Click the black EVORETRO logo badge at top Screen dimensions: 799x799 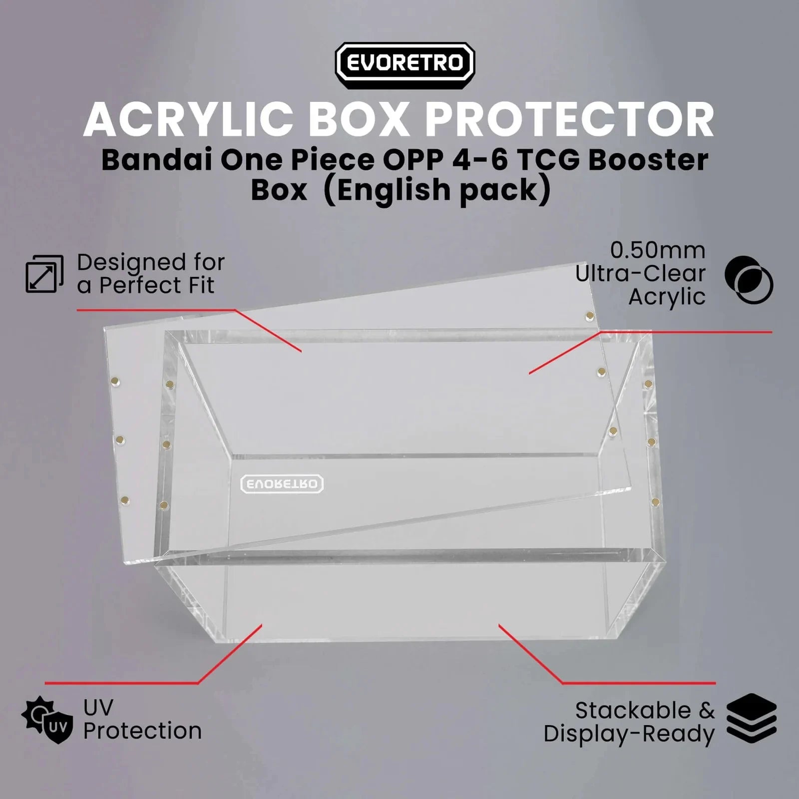click(x=404, y=65)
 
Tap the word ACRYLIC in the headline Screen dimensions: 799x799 click(x=189, y=120)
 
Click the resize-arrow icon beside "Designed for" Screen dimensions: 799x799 click(x=44, y=274)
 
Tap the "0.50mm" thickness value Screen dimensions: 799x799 click(x=658, y=250)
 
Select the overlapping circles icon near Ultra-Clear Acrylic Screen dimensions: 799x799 click(x=749, y=280)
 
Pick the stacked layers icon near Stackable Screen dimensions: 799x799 click(x=752, y=719)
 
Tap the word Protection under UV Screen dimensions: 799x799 click(x=142, y=731)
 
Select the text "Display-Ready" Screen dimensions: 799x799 click(x=629, y=734)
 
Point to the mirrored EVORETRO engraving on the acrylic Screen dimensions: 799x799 click(x=282, y=483)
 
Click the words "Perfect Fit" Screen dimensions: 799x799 click(x=157, y=286)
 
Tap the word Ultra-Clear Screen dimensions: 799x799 click(x=640, y=274)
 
